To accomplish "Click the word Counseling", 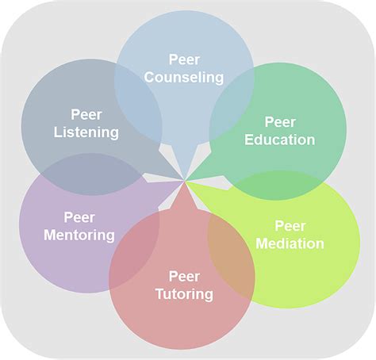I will coord(184,78).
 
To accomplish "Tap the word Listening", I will coord(86,132).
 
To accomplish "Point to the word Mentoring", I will coord(79,235).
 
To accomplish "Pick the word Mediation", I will coord(290,243).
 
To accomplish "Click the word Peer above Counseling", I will coord(184,59).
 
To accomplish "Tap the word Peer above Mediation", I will coord(290,225).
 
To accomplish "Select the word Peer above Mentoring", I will coord(79,216).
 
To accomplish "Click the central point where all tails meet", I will coord(186,181).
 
